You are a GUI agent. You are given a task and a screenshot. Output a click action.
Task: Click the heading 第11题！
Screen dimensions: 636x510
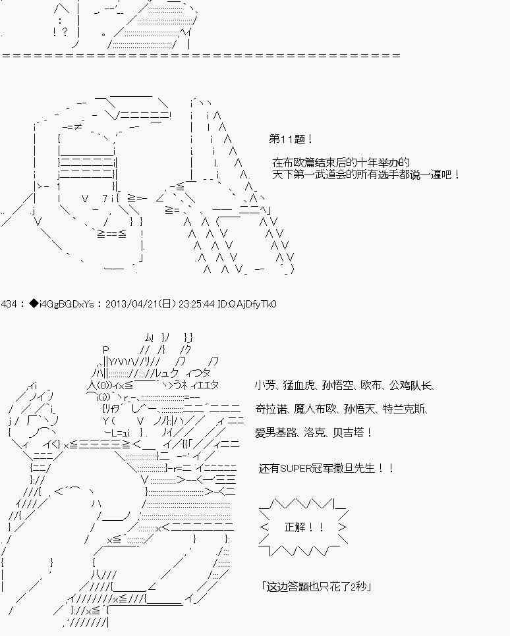pyautogui.click(x=291, y=140)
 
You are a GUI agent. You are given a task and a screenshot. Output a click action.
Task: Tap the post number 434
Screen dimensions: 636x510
pyautogui.click(x=11, y=304)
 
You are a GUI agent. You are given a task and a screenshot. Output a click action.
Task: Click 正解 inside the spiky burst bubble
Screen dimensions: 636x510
pyautogui.click(x=295, y=527)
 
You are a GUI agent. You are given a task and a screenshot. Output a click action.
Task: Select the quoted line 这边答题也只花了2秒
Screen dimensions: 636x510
pyautogui.click(x=316, y=586)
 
